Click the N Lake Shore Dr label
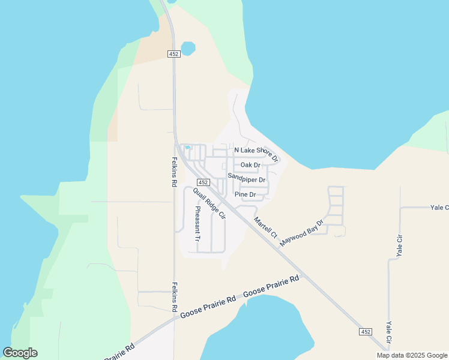pyautogui.click(x=256, y=154)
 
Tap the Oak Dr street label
pyautogui.click(x=250, y=165)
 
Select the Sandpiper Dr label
pyautogui.click(x=246, y=179)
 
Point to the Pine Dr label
pyautogui.click(x=245, y=194)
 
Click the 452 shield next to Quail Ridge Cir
pyautogui.click(x=203, y=182)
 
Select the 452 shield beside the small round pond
pyautogui.click(x=174, y=54)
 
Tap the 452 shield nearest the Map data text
pyautogui.click(x=366, y=332)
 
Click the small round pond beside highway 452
pyautogui.click(x=188, y=48)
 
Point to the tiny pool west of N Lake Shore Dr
pyautogui.click(x=187, y=147)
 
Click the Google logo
pyautogui.click(x=20, y=353)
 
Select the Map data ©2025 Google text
pyautogui.click(x=411, y=355)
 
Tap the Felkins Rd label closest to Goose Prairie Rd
pyautogui.click(x=174, y=296)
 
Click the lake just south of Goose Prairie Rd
pyautogui.click(x=264, y=333)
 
